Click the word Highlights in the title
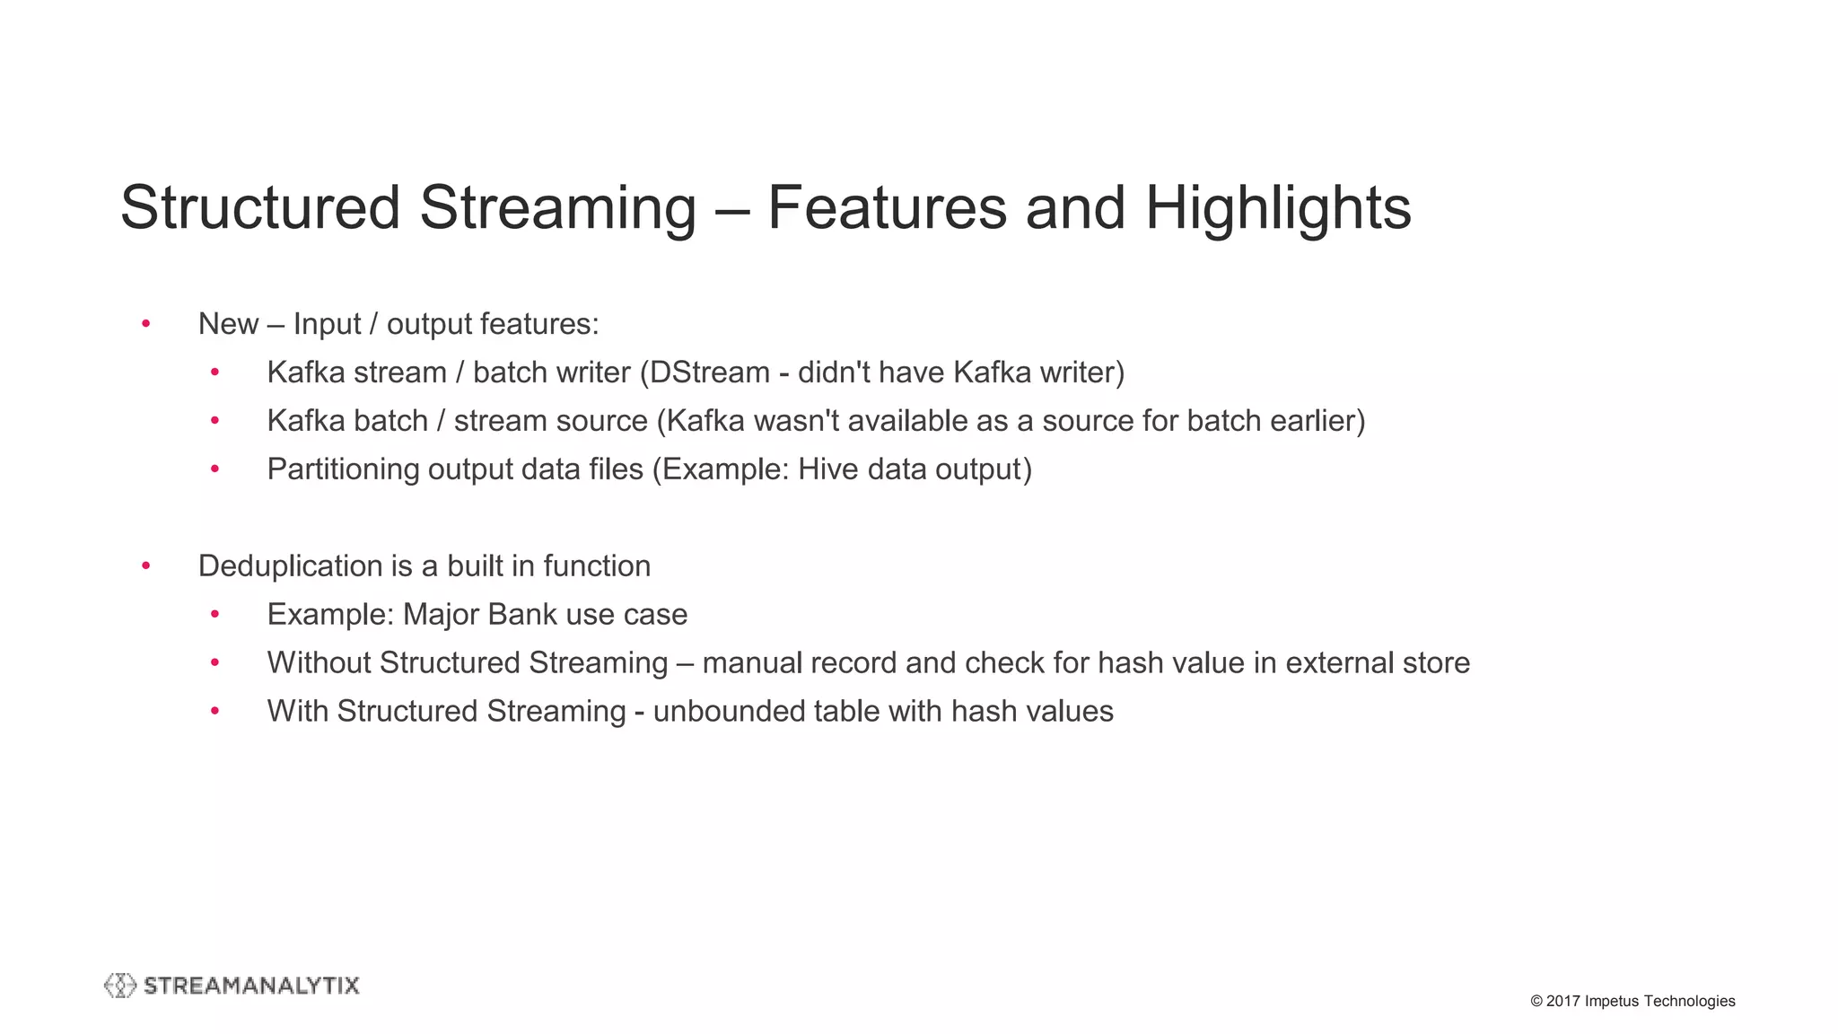(1277, 208)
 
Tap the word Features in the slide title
(886, 208)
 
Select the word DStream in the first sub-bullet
(710, 372)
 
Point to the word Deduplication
(291, 566)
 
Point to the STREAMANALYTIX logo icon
(120, 986)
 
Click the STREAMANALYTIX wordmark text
(251, 986)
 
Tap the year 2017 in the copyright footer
(1562, 1001)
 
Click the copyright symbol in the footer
(1536, 1001)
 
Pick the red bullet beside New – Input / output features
(146, 324)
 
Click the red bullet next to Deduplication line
(146, 566)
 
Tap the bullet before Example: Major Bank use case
(215, 615)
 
